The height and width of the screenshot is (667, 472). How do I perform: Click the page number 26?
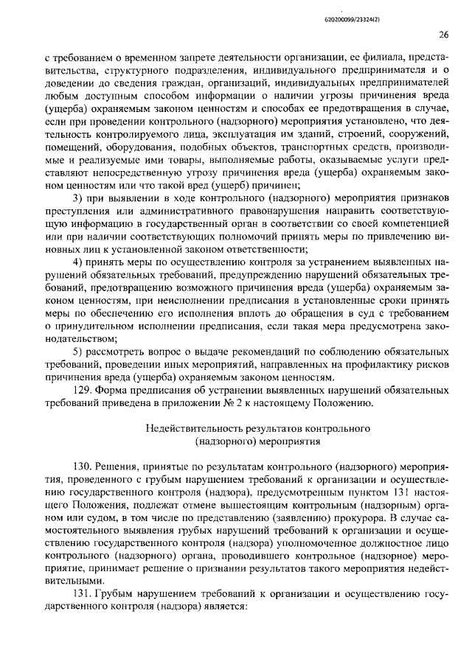point(443,34)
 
